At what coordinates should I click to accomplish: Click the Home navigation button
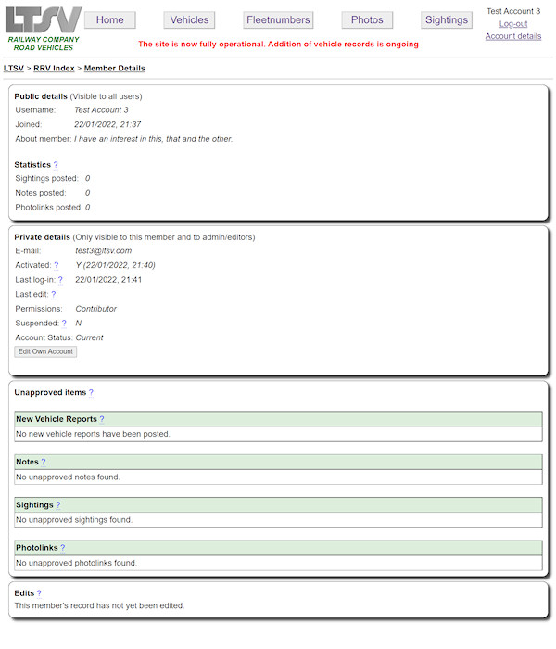coord(109,19)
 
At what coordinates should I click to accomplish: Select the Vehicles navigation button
coord(189,19)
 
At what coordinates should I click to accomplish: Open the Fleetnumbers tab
coord(278,19)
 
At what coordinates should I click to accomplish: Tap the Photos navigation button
coord(367,19)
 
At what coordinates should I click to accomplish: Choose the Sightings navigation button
coord(446,19)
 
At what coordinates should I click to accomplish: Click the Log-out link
coord(512,24)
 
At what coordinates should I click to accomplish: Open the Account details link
coord(512,36)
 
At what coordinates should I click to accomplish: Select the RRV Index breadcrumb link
coord(54,68)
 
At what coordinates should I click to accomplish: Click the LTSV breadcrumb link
coord(14,68)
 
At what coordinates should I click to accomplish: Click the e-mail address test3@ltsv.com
coord(103,250)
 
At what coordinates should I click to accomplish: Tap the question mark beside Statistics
coord(56,164)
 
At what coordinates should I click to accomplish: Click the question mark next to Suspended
coord(64,323)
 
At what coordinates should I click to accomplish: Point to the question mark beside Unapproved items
coord(91,393)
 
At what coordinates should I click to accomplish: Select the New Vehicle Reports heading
coord(57,419)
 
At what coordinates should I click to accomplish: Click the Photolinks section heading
coord(36,548)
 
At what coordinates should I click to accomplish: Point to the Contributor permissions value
coord(96,309)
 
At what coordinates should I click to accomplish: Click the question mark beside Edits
coord(39,593)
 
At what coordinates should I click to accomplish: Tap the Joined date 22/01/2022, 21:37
coord(107,124)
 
